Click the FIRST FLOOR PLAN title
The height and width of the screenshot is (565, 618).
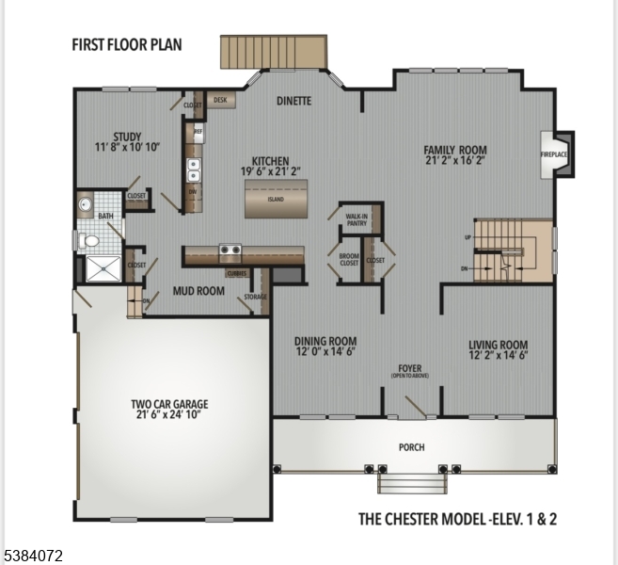127,44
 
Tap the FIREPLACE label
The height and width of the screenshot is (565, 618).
553,153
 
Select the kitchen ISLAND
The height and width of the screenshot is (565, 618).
275,199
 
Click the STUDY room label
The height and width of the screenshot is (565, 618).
127,137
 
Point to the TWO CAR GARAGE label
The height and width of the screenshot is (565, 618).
169,405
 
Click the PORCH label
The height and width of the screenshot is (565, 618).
411,447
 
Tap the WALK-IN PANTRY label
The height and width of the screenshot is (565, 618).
357,220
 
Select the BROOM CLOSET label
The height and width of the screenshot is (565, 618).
349,259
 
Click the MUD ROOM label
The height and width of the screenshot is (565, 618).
198,291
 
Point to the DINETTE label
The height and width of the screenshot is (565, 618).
293,101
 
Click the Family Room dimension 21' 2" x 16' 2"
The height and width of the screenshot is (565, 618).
455,161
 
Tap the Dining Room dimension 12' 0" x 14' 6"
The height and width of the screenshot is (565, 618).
325,353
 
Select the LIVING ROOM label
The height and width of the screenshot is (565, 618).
498,345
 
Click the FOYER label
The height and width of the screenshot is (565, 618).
410,369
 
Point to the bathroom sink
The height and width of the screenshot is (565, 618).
85,202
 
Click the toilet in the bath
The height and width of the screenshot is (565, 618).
89,241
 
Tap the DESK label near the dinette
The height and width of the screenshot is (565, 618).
220,99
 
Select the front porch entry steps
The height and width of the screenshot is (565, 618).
411,483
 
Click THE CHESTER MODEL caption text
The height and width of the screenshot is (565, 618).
457,518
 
